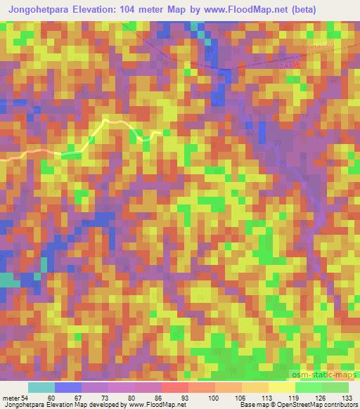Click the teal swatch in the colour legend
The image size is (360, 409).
tap(41, 387)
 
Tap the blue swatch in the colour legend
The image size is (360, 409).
tap(68, 387)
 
